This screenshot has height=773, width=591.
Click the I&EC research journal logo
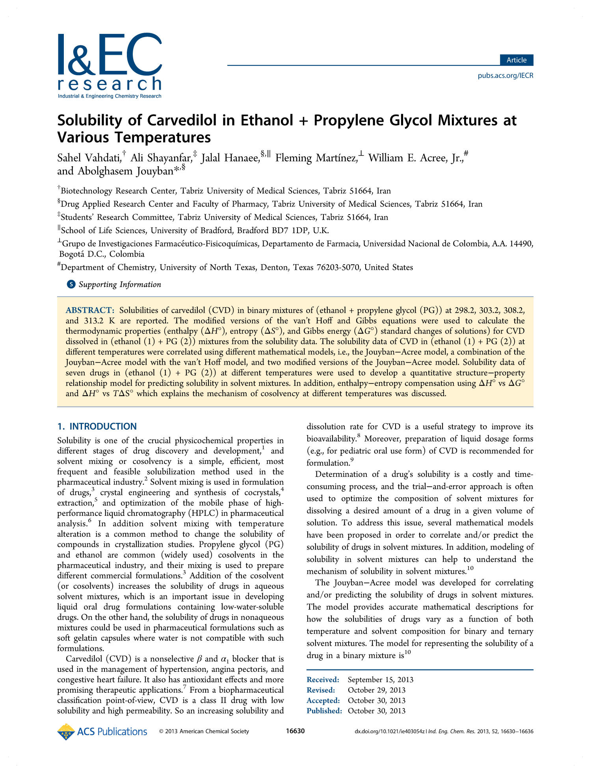tap(110, 65)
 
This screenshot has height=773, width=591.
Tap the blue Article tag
tap(516, 60)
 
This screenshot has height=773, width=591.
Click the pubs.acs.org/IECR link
tap(505, 75)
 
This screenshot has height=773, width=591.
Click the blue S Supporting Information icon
tap(71, 284)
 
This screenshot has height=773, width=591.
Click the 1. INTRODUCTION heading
tap(97, 426)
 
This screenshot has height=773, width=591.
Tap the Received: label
tap(323, 680)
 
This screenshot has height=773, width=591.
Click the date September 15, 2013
tap(380, 680)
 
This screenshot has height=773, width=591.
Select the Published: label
tap(324, 711)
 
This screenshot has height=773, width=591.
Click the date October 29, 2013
tap(376, 690)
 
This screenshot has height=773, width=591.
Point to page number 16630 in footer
tap(295, 731)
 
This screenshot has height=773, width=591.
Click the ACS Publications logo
tap(102, 731)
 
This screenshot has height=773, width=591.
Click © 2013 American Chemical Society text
tap(204, 731)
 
